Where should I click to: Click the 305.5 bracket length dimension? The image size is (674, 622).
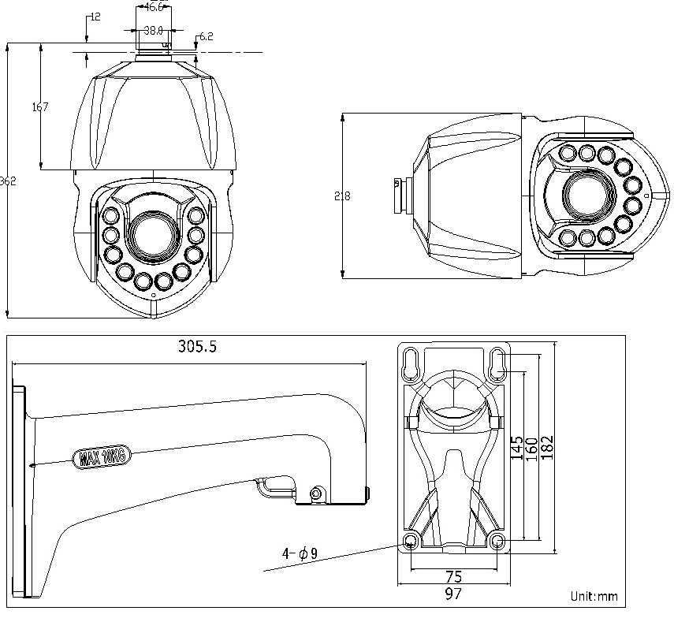(197, 347)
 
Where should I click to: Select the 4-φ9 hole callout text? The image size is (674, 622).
(300, 554)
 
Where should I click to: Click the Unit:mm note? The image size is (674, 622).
(594, 596)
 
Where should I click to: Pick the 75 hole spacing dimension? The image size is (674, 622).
(452, 576)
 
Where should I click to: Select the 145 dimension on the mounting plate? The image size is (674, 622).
(516, 450)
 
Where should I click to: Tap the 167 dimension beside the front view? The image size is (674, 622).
(40, 107)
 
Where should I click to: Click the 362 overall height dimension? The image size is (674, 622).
(8, 181)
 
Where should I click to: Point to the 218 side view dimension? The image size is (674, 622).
(342, 196)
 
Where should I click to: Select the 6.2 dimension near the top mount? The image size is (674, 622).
(207, 36)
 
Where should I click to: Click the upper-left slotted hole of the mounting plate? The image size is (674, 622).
(411, 363)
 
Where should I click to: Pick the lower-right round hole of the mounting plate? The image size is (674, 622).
(497, 541)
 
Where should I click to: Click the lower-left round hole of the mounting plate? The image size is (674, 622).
(411, 541)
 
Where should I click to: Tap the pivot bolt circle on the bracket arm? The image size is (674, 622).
(316, 494)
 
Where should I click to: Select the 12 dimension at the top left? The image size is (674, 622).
(95, 17)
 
